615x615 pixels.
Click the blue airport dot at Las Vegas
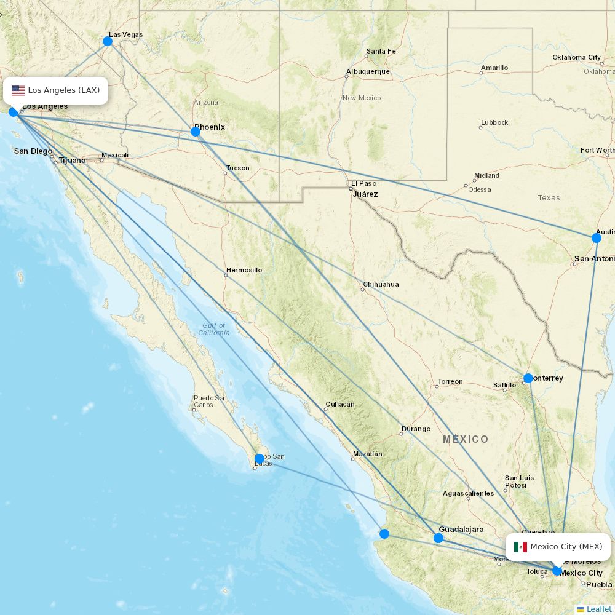point(108,41)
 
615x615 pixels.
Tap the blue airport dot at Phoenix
point(196,131)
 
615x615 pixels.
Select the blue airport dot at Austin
point(596,238)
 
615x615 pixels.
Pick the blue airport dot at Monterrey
point(528,378)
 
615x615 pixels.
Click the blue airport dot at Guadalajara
point(438,538)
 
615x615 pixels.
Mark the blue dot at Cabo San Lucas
point(260,459)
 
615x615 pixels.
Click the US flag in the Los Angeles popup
point(18,90)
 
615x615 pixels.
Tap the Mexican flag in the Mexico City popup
point(520,547)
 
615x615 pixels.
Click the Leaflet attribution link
point(598,609)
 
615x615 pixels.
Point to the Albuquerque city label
point(368,71)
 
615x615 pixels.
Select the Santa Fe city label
point(381,51)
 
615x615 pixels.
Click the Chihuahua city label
point(381,284)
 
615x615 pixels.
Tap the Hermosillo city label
point(244,270)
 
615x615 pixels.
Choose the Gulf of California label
point(213,329)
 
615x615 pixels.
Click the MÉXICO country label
point(466,439)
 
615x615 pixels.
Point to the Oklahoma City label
point(576,57)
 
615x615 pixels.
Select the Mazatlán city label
point(367,454)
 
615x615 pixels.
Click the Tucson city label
point(237,168)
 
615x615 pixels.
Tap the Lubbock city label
point(494,122)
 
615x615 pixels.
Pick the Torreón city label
point(450,381)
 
